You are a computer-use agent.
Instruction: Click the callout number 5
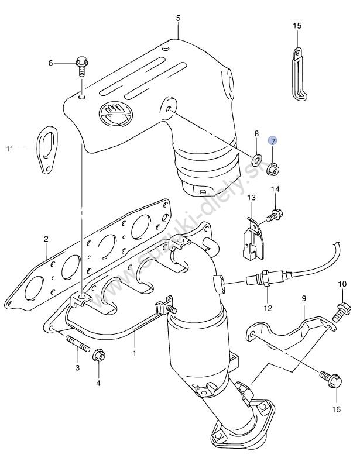pyautogui.click(x=178, y=18)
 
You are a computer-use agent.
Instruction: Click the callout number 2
pyautogui.click(x=45, y=239)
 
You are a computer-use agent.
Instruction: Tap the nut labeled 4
pyautogui.click(x=98, y=356)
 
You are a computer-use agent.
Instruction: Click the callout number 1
pyautogui.click(x=133, y=353)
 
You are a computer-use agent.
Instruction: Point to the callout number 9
pyautogui.click(x=304, y=299)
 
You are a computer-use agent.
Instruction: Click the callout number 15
pyautogui.click(x=297, y=26)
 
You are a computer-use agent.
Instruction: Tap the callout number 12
pyautogui.click(x=268, y=308)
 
